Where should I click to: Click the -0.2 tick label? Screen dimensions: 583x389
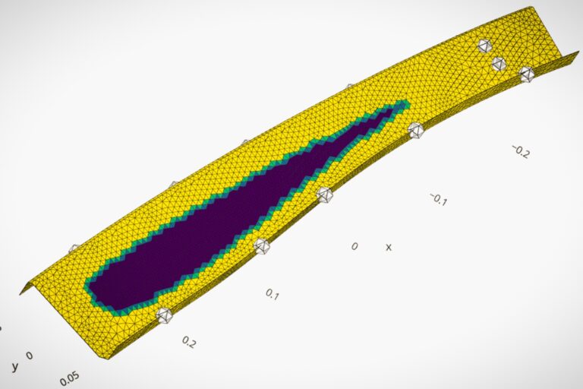520,151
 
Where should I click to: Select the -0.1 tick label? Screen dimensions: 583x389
438,199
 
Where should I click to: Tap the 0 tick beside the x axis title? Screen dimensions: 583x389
355,246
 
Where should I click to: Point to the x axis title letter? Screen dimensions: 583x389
389,247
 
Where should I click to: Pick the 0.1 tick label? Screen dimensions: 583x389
273,295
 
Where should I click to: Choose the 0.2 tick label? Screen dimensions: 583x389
189,342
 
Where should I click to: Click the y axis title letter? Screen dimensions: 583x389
15,366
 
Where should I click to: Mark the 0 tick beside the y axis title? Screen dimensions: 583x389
30,356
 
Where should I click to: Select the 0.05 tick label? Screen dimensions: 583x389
70,379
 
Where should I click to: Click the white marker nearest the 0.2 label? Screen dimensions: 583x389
164,315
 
